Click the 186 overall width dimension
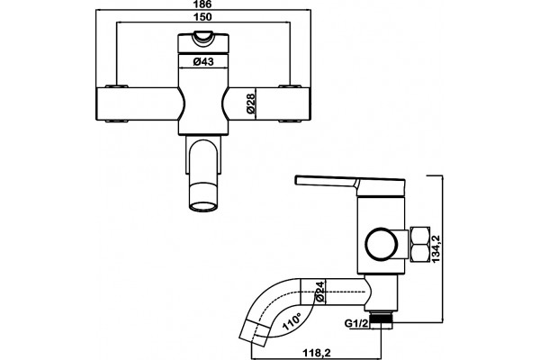click(x=202, y=4)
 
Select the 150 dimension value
click(x=202, y=17)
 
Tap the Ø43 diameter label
click(x=203, y=62)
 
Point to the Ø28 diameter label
click(x=251, y=103)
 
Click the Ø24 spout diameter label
click(x=319, y=292)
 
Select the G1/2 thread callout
click(x=356, y=323)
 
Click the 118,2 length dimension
click(x=317, y=353)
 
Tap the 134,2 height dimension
click(x=436, y=249)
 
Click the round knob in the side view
click(x=382, y=244)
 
